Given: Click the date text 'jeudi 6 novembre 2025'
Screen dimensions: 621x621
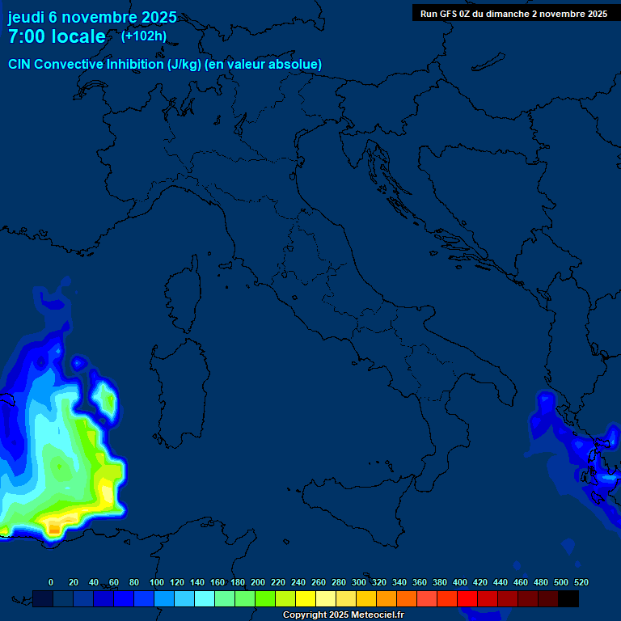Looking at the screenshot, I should coord(92,17).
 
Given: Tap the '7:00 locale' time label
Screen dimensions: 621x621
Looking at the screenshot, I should coord(57,36).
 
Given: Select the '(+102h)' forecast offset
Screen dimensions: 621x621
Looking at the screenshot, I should coord(144,36).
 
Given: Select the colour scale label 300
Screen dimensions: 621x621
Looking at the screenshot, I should coord(358,582).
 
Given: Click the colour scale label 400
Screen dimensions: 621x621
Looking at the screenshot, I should coord(460,582).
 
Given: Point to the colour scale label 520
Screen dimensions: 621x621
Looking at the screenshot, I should coord(581,582).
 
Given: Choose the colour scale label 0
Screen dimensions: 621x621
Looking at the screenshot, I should coord(51,582).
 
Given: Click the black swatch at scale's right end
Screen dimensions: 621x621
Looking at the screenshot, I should coord(568,598).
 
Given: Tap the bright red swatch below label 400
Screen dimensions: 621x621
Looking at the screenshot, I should coord(467,598).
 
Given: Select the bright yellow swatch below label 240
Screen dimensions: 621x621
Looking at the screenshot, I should coord(305,598).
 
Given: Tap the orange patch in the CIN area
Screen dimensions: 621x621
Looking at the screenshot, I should coord(53,527).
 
